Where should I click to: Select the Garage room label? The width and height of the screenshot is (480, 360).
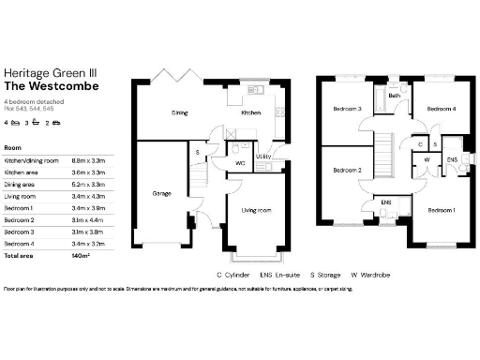161,194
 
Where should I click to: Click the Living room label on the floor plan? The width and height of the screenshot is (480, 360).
255,211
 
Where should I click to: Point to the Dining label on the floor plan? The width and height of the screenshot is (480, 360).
178,112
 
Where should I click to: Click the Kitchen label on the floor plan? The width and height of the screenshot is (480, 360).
250,112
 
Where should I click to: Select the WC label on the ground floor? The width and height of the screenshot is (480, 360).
240,163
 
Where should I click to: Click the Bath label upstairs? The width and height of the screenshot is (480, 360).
395,96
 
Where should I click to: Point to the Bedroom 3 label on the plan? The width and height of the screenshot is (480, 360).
347,110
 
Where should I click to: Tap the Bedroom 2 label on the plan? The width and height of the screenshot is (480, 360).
347,170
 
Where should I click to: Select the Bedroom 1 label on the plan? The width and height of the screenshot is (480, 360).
441,211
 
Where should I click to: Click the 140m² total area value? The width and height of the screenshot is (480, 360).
81,255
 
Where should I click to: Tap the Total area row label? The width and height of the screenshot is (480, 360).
21,255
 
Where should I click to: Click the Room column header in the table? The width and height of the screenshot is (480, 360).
13,148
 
